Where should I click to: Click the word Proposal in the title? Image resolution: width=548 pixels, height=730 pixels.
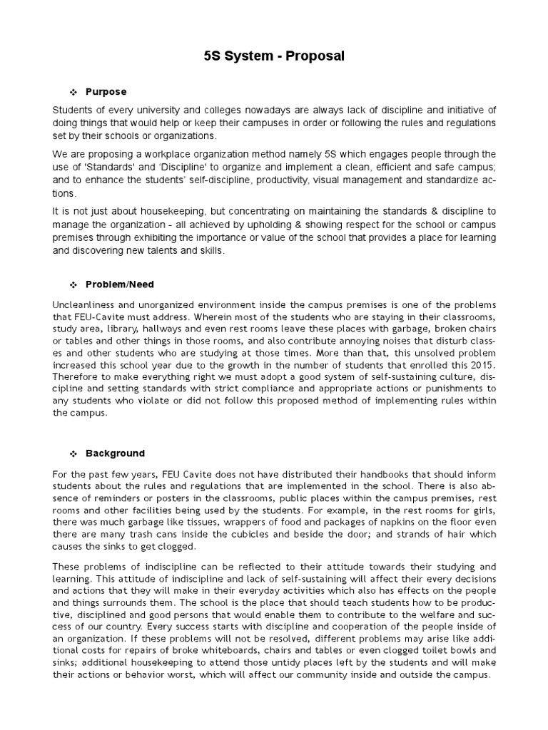tap(315, 56)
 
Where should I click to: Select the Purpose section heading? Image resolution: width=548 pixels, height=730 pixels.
tap(106, 92)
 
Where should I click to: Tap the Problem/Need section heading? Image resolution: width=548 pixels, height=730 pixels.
tap(120, 284)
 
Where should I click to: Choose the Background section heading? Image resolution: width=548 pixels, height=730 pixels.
tap(115, 453)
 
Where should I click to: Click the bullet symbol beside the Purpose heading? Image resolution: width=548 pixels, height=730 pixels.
tap(73, 93)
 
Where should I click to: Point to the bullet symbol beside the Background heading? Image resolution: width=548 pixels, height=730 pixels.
tap(73, 454)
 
